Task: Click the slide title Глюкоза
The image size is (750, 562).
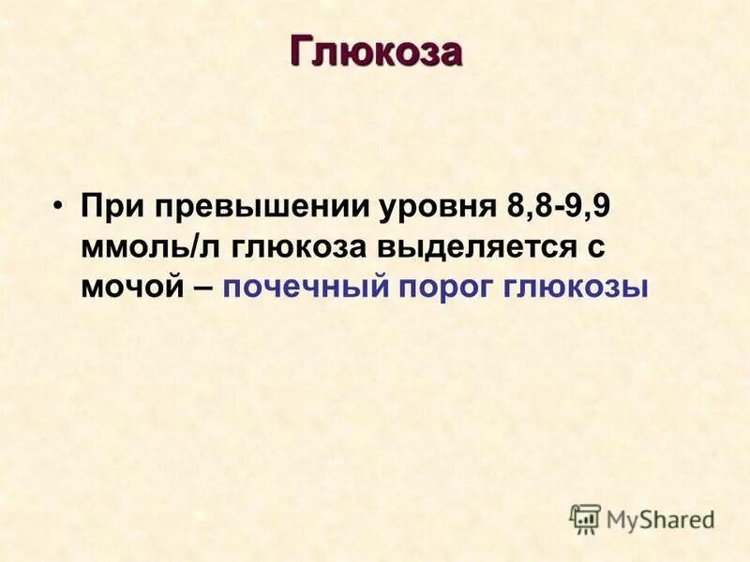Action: pyautogui.click(x=375, y=52)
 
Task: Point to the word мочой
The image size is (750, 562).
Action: pyautogui.click(x=129, y=287)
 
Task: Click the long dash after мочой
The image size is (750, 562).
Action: pyautogui.click(x=202, y=287)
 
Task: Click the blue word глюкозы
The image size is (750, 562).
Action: pyautogui.click(x=576, y=287)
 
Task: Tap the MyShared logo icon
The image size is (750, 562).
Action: pyautogui.click(x=585, y=518)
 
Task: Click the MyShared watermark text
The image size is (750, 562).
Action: pyautogui.click(x=660, y=519)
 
